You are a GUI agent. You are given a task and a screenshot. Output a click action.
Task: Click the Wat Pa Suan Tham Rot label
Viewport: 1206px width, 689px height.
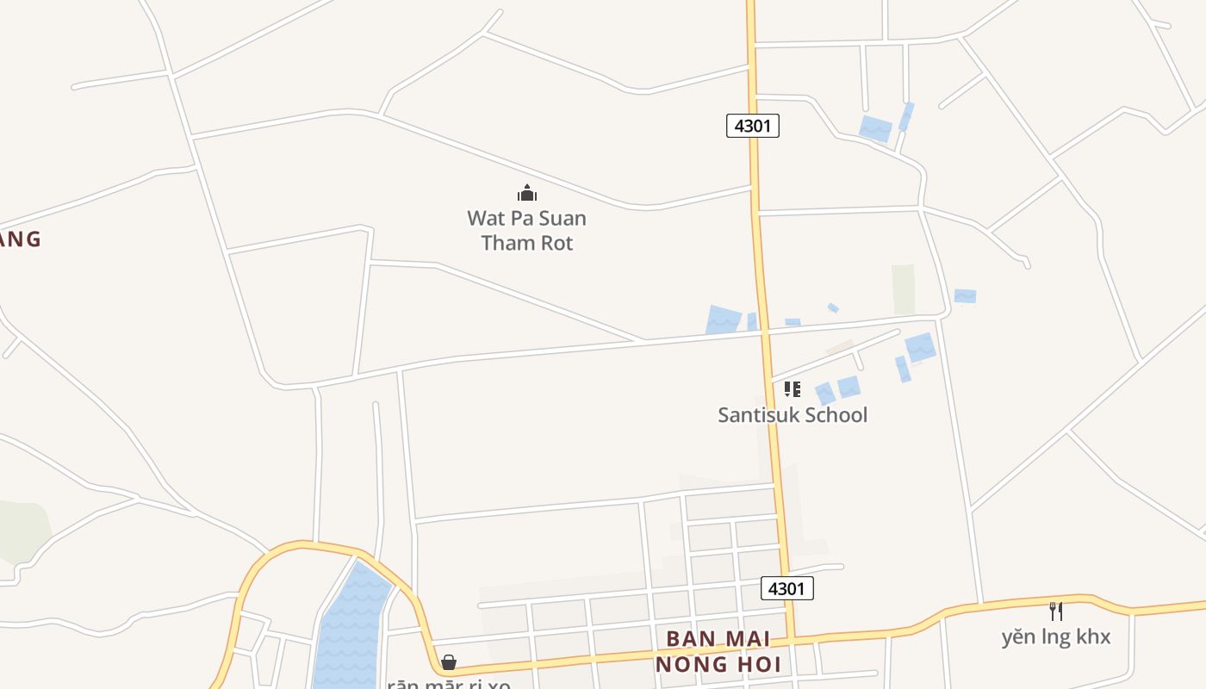pos(526,230)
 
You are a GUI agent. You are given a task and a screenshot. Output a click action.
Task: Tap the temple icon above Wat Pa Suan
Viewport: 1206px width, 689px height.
pos(526,193)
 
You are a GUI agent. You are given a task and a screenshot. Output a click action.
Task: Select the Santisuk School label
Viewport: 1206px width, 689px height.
pos(793,414)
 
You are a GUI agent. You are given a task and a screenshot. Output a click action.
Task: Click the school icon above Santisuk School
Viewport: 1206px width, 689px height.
pos(793,389)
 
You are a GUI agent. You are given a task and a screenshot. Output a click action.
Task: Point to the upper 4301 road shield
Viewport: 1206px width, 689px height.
pos(752,126)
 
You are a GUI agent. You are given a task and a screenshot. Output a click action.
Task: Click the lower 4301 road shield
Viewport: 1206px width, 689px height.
pos(786,588)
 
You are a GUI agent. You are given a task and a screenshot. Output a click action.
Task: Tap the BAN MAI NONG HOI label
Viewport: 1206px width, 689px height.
pos(718,652)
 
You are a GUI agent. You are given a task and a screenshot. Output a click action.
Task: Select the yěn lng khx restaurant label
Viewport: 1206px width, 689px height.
pos(1055,637)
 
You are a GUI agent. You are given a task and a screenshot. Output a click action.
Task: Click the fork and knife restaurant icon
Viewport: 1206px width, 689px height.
pos(1055,611)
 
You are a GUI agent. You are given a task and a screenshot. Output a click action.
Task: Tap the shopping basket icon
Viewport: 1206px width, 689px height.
pos(449,661)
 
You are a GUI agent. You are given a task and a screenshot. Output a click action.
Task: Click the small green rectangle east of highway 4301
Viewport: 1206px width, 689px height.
pos(903,289)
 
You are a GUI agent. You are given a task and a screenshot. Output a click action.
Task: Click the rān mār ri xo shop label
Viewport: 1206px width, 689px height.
pos(449,684)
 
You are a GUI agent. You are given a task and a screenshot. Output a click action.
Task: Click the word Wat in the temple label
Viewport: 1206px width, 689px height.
pos(484,218)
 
